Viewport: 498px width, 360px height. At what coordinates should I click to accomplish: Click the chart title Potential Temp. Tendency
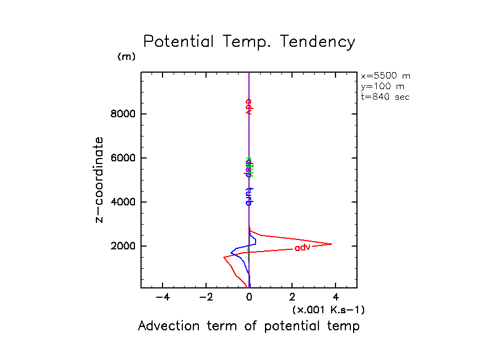(249, 42)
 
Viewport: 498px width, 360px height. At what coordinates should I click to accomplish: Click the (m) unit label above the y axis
(126, 57)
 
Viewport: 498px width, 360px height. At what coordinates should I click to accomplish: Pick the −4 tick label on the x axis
(162, 298)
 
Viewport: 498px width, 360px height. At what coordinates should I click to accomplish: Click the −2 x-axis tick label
(205, 298)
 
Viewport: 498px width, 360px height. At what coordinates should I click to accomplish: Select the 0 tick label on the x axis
(249, 298)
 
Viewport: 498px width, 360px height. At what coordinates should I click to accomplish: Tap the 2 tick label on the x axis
(293, 298)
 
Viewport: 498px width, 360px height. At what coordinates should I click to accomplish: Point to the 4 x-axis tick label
(335, 298)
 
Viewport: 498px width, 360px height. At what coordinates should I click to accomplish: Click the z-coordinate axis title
(100, 179)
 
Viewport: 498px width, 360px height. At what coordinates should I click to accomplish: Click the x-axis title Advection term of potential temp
(248, 326)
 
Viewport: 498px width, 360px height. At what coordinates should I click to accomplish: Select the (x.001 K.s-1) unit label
(328, 310)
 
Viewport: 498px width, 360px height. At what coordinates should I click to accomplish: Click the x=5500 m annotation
(386, 76)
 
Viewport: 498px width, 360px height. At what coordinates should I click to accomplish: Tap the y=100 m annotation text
(383, 86)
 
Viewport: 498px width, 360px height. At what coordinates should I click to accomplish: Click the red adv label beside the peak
(302, 248)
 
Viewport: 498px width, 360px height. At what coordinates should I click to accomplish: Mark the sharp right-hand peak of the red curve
(332, 244)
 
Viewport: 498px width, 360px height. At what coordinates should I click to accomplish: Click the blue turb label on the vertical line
(248, 195)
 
